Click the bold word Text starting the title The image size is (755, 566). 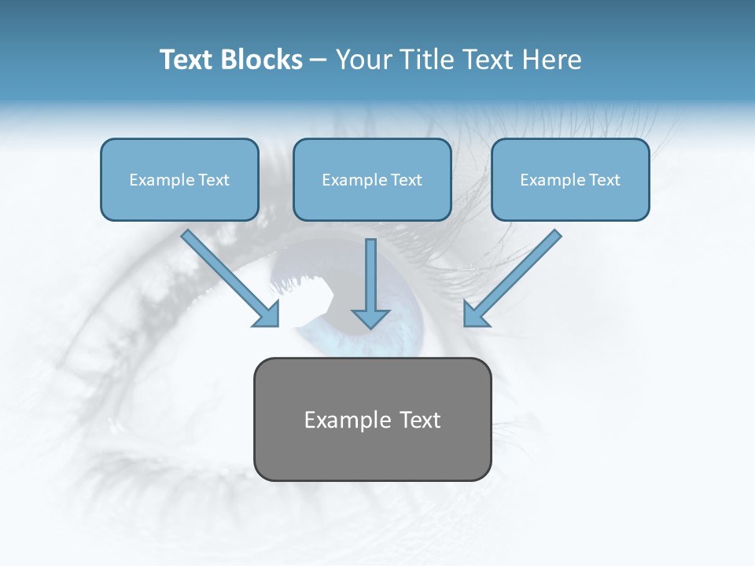pos(186,60)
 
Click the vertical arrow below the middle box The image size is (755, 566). pos(370,279)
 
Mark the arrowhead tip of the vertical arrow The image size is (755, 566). pos(370,327)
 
